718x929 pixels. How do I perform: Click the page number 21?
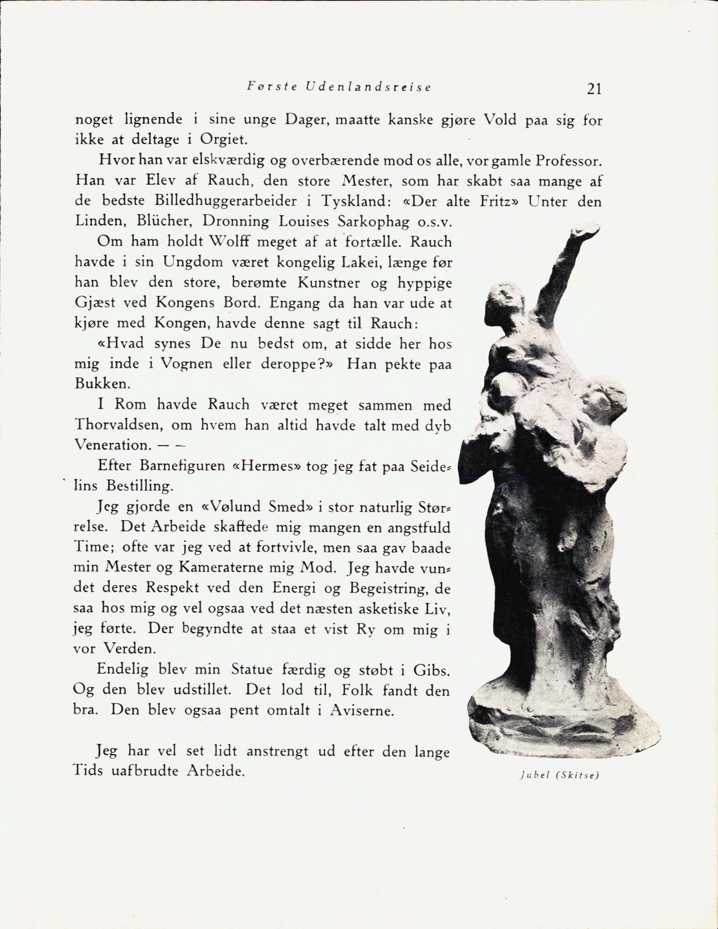(x=593, y=89)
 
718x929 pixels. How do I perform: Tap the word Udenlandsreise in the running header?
(x=368, y=87)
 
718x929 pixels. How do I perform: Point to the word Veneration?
(x=113, y=445)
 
